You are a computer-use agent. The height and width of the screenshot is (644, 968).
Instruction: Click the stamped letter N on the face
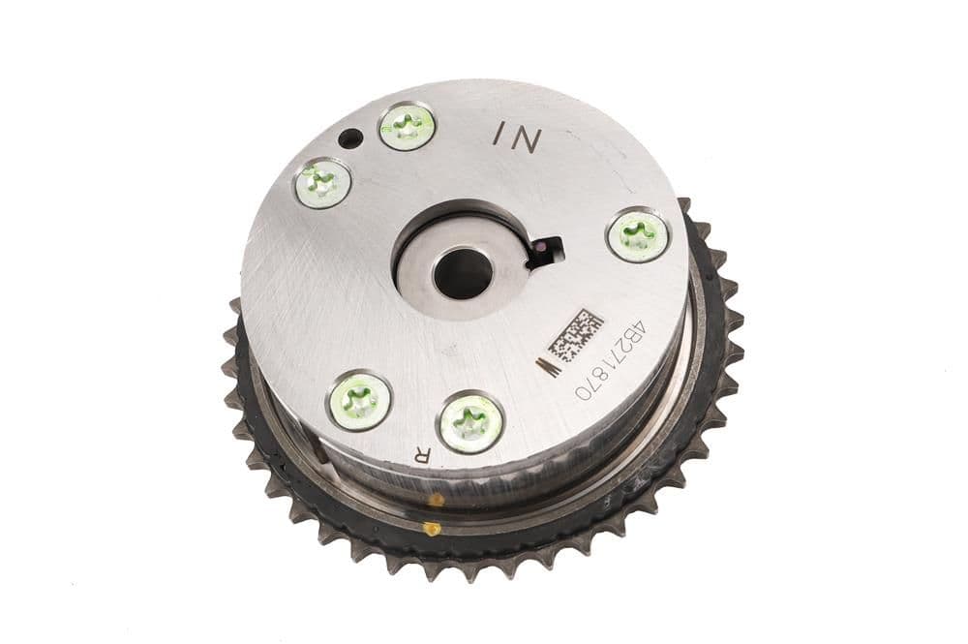pos(528,138)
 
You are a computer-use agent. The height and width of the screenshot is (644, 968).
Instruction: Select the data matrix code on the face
pos(575,336)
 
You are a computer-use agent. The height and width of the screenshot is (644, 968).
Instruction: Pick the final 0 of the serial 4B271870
pos(583,393)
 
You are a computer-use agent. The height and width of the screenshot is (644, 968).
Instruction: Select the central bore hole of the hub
pos(463,272)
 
